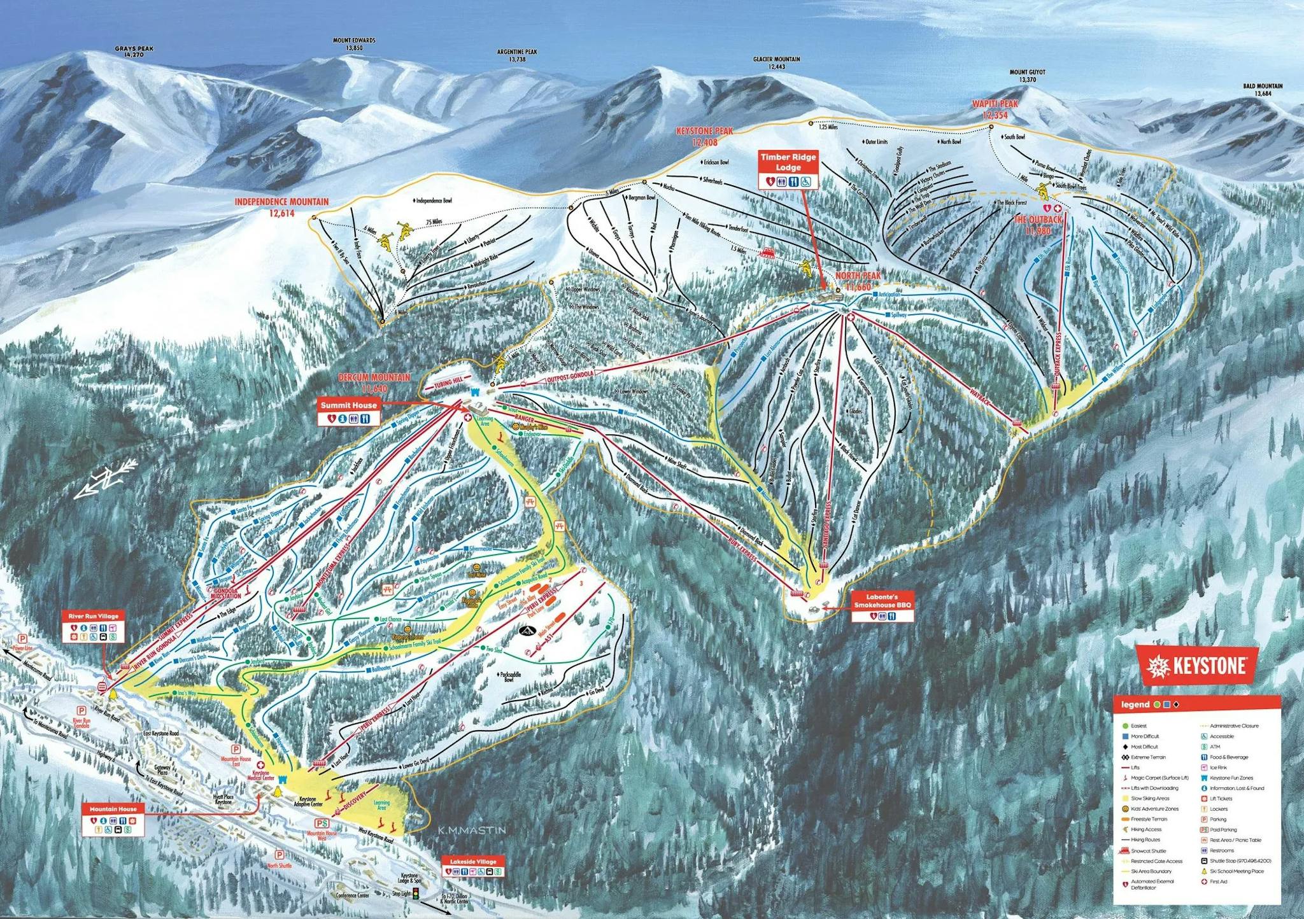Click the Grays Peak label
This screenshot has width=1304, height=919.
134,52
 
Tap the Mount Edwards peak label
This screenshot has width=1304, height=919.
354,44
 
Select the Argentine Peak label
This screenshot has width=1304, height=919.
517,55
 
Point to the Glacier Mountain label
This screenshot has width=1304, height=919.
776,62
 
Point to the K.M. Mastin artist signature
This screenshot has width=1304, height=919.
471,830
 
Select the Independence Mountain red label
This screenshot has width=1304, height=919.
281,207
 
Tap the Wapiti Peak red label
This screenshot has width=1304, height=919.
995,109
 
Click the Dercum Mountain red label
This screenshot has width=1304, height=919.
374,382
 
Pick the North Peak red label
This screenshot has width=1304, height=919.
858,281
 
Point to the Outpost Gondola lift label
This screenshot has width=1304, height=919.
570,377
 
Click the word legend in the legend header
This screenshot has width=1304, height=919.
1135,705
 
